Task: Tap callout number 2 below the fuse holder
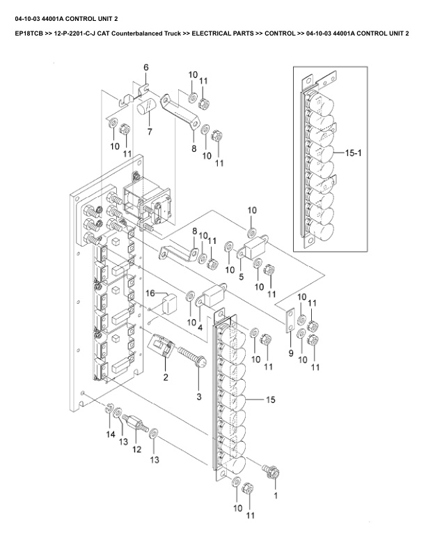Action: coord(166,377)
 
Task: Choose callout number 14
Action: coord(110,434)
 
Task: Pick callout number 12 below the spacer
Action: coord(137,450)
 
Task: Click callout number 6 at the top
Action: coord(146,67)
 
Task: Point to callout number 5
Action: coord(241,277)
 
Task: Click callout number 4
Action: coord(200,326)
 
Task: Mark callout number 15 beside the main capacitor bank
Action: coord(271,399)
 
